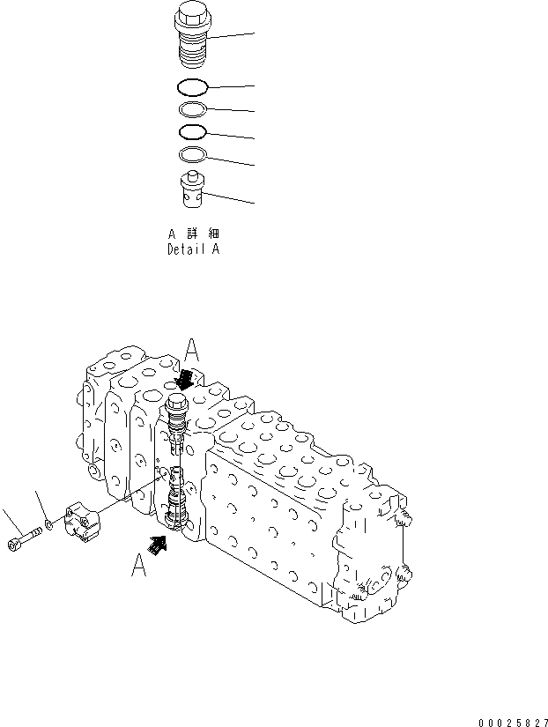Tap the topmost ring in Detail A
pyautogui.click(x=192, y=86)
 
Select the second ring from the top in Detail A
pyautogui.click(x=192, y=109)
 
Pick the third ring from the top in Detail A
pyautogui.click(x=192, y=132)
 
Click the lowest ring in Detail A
pyautogui.click(x=192, y=155)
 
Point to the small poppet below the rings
pyautogui.click(x=192, y=191)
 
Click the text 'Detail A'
pyautogui.click(x=194, y=249)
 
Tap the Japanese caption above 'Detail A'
pyautogui.click(x=194, y=234)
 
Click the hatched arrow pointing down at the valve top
pyautogui.click(x=186, y=380)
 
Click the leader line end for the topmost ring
pyautogui.click(x=255, y=86)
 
